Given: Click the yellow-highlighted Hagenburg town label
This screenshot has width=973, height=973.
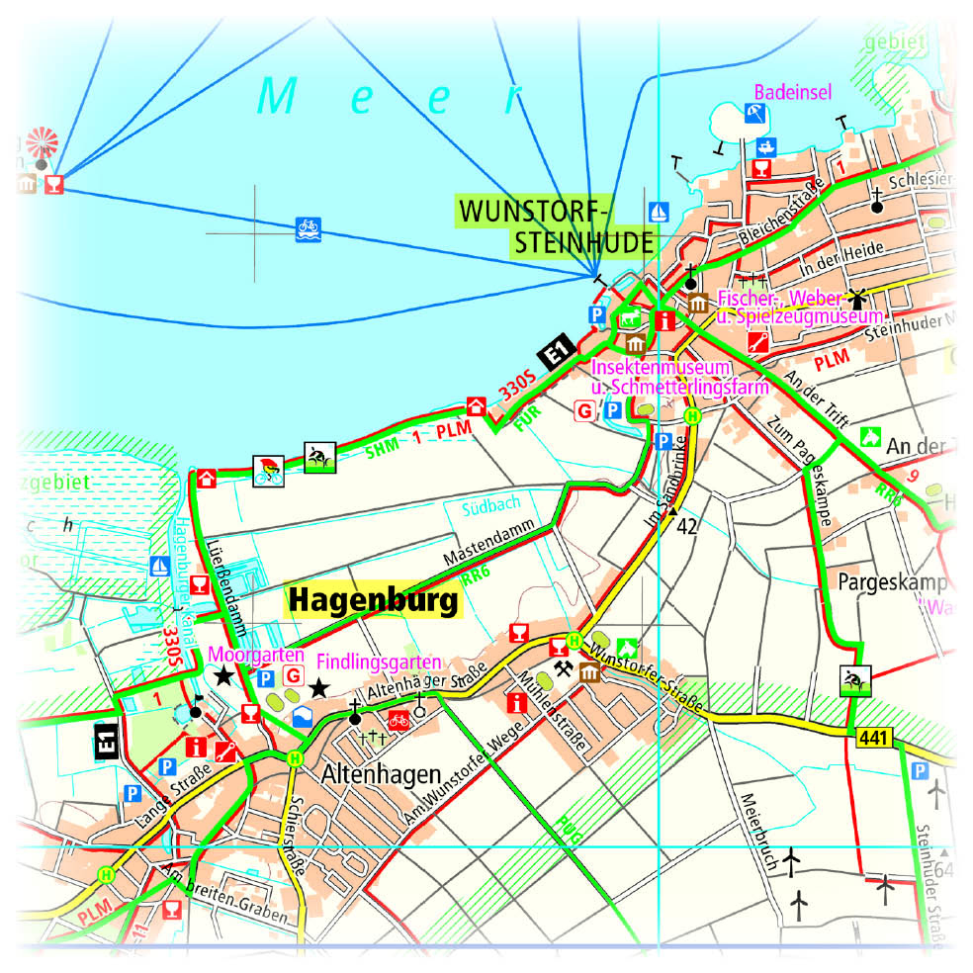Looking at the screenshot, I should [x=374, y=601].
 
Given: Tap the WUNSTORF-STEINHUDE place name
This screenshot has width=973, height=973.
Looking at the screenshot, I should [x=557, y=226].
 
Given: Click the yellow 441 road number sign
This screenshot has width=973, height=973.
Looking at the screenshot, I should [x=871, y=737].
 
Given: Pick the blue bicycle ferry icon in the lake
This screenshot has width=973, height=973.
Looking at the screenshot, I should [x=309, y=229].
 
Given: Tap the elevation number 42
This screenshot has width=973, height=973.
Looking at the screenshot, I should [x=688, y=527].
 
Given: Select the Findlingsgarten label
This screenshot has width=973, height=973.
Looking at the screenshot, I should [x=378, y=660].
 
